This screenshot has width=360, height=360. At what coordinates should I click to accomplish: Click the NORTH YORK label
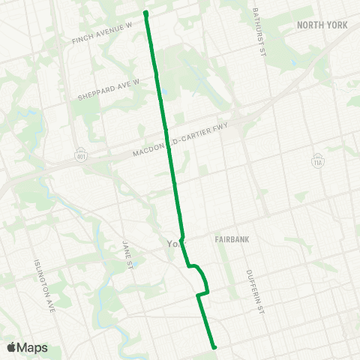pos(322,25)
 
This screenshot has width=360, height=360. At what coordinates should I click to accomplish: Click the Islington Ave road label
pos(43,286)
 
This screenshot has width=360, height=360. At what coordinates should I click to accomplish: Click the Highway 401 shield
pos(80,155)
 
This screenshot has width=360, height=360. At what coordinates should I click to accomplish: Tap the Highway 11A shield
pos(316,161)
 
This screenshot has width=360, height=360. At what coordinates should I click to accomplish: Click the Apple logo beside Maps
pos(11,347)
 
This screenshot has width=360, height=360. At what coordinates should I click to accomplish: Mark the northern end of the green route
pos(145,13)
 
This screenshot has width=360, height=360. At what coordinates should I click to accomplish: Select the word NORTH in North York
pos(309,25)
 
